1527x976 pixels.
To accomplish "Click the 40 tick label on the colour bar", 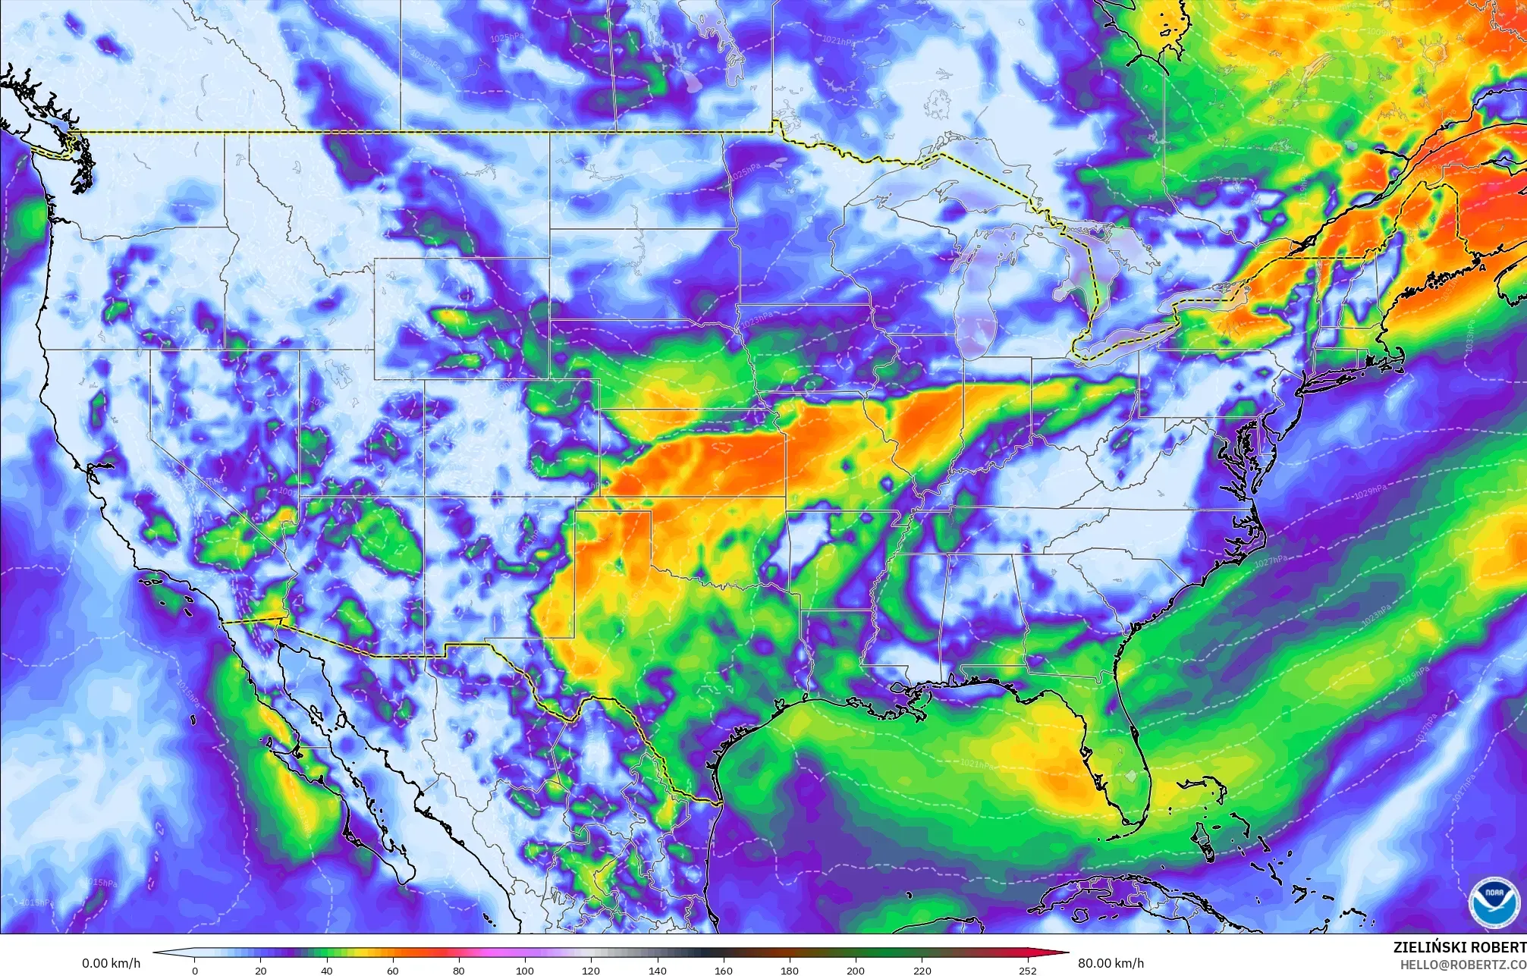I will (328, 970).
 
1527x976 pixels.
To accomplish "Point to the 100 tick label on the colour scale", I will (525, 970).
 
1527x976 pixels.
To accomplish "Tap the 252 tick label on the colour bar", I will (1027, 970).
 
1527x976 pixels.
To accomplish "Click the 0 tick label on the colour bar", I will (194, 970).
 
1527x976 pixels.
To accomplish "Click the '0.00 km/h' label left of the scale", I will (111, 963).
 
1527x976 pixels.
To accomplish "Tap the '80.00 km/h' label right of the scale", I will (1111, 963).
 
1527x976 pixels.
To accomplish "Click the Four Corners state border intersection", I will (423, 497).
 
